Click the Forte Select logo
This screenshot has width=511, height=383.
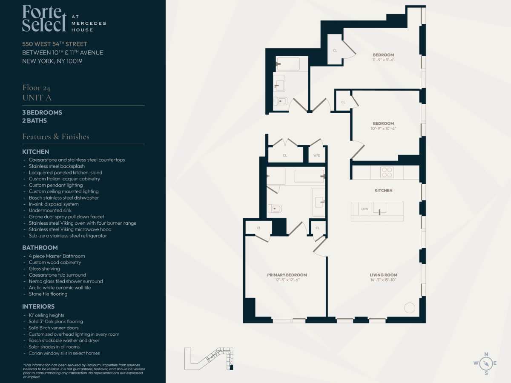tap(64, 18)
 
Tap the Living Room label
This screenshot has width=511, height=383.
tap(383, 275)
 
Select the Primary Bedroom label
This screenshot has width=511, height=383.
tap(287, 275)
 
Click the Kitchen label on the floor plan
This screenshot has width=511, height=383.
tap(383, 191)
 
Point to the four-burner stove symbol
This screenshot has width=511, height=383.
tap(387, 172)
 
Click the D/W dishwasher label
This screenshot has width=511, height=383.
tap(365, 209)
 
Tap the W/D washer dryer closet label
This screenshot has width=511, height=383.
tap(317, 155)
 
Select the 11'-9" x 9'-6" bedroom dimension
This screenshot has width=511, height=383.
tap(383, 60)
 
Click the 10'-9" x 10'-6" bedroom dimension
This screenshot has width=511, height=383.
tap(383, 129)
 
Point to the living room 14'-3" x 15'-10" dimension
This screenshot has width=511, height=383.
tap(383, 280)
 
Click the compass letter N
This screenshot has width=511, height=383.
tap(486, 354)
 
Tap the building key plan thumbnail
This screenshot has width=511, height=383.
tap(209, 359)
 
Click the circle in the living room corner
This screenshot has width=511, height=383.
tap(410, 308)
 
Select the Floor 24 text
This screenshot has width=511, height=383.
tap(36, 88)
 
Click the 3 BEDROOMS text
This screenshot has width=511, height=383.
tap(42, 112)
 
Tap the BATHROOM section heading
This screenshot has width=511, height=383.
tap(40, 248)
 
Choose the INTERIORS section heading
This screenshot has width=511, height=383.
tap(38, 306)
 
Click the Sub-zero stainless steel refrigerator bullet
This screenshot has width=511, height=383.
tap(68, 236)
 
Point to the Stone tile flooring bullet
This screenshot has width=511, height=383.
tap(48, 294)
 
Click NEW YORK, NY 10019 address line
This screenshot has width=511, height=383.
tap(52, 61)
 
